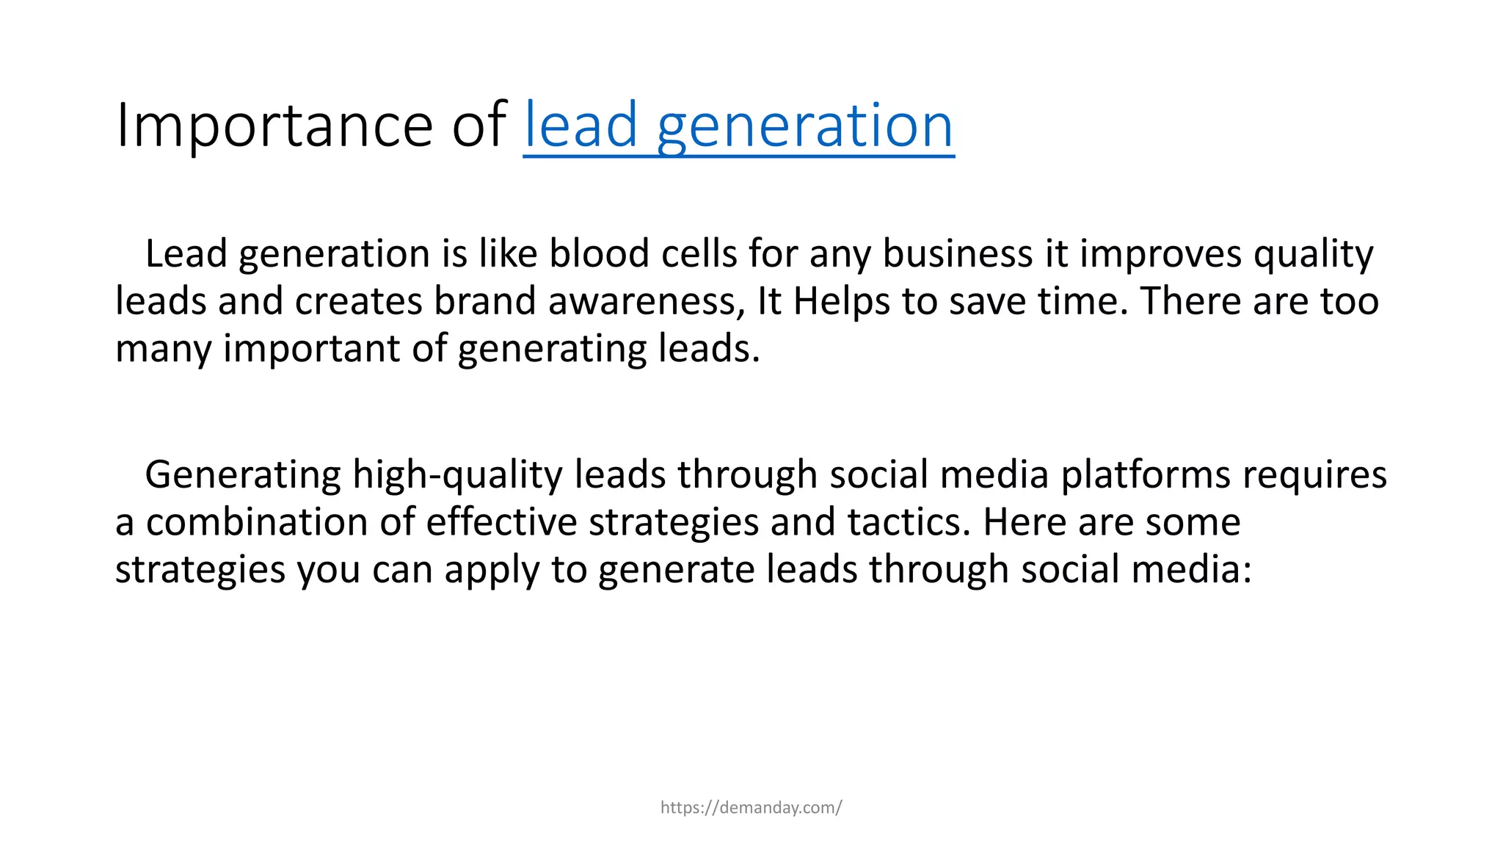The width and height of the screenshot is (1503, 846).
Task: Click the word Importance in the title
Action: pos(274,126)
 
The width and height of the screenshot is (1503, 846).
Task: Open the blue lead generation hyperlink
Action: pos(738,126)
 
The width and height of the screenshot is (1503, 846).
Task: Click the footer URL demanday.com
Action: pos(751,808)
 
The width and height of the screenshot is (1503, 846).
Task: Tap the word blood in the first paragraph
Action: pos(599,254)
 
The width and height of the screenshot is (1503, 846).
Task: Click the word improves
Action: pos(1160,256)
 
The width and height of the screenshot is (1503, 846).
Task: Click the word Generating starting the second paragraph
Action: pos(243,476)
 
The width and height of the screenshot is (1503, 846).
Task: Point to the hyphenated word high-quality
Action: pos(457,476)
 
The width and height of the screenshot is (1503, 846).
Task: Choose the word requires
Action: pos(1314,476)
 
